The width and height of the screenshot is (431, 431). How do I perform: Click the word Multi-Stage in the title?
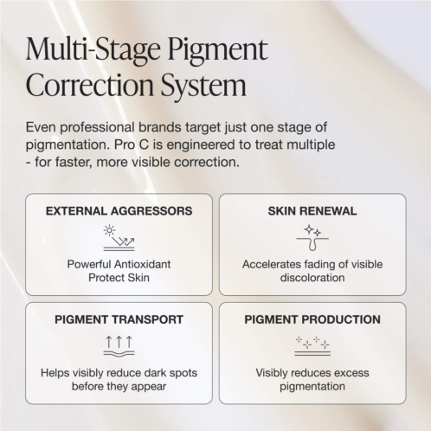(93, 50)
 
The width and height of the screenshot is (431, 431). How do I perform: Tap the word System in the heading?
(203, 86)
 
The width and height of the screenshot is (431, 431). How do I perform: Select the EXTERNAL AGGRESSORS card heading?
(119, 211)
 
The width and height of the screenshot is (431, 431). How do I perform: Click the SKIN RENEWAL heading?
(312, 211)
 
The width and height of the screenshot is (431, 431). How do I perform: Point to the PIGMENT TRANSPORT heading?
(119, 319)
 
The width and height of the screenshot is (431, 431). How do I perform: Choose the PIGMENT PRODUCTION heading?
(312, 319)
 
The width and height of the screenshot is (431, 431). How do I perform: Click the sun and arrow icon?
(119, 238)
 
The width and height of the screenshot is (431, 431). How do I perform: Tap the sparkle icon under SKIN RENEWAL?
(312, 237)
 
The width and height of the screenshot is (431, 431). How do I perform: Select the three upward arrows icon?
(119, 346)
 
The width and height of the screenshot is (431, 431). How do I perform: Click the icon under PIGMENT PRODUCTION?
(312, 345)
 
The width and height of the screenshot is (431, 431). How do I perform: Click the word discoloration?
(312, 278)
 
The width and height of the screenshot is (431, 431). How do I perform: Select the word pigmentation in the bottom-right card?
(312, 387)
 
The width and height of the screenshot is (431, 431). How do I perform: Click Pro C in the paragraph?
(132, 145)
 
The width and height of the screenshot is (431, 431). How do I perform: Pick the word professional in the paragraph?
(97, 127)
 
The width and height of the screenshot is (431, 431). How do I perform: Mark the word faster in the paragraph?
(72, 162)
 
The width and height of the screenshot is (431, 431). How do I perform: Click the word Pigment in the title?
(218, 50)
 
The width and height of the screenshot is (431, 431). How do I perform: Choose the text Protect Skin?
(119, 278)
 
